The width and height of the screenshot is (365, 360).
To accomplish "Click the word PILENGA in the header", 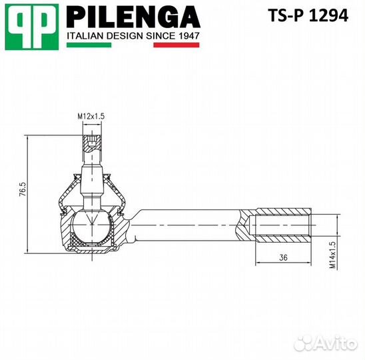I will coord(133,16).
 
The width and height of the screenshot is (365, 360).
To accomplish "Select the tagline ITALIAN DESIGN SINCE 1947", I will coord(133,35).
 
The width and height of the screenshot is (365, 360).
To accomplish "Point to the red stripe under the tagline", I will coord(177,45).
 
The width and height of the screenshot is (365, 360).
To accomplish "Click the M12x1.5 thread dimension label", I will coord(92,117).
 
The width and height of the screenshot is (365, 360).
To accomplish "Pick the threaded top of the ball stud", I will coord(92,144).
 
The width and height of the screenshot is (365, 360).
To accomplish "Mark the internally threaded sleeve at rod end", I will coord(282,227).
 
